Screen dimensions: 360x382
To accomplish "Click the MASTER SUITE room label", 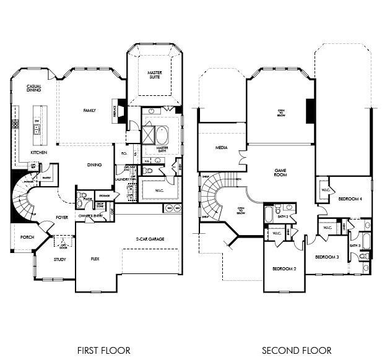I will click(x=154, y=75).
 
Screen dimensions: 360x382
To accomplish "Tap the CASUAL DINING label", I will click(x=33, y=88).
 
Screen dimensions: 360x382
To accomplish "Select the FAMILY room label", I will click(x=90, y=110).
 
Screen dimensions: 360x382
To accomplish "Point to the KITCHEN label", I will click(x=39, y=152).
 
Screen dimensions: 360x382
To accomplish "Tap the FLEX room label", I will click(x=95, y=259).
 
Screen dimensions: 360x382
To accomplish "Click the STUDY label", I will click(x=59, y=260).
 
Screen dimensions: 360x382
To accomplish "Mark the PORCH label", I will click(x=27, y=236).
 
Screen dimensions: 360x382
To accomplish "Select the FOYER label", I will click(x=62, y=217).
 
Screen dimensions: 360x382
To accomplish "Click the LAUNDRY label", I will click(x=121, y=180).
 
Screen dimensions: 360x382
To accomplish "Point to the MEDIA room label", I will click(x=222, y=148).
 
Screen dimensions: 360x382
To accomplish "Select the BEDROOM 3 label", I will click(x=326, y=257).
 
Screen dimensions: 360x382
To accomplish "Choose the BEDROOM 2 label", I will click(x=284, y=268).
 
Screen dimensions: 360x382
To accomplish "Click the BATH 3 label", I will click(x=355, y=246).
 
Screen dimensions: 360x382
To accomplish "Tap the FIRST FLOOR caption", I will click(x=103, y=350).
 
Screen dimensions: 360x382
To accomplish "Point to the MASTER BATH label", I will click(x=162, y=148).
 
